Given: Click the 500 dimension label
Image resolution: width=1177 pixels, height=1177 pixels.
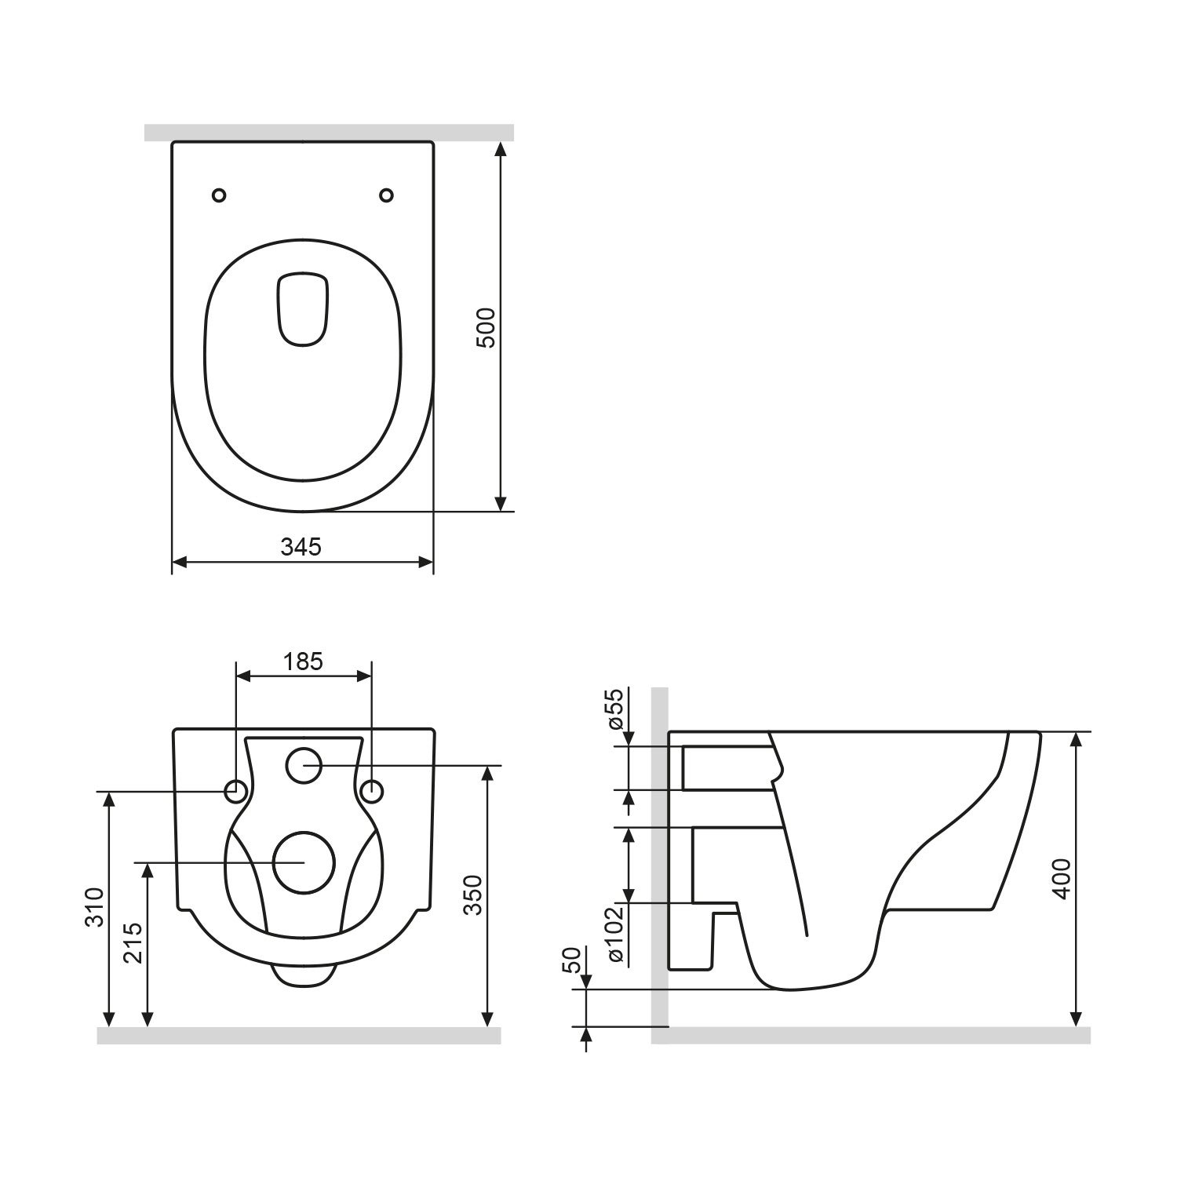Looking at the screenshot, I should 486,327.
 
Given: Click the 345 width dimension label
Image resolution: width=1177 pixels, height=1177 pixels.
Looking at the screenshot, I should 301,547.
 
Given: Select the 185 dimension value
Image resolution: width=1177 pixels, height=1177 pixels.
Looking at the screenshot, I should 304,661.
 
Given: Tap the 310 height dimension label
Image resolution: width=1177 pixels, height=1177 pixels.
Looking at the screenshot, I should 94,907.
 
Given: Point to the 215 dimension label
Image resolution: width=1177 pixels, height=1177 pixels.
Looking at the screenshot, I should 132,942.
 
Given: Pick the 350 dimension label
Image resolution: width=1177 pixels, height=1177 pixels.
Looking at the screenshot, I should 472,895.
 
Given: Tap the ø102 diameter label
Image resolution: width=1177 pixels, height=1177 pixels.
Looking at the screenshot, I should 614,934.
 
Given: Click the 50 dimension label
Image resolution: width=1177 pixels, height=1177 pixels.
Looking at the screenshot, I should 573,960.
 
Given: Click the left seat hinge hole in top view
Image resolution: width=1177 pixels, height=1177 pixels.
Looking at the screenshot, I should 220,195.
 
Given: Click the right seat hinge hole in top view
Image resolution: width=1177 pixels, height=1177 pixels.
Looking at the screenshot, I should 386,195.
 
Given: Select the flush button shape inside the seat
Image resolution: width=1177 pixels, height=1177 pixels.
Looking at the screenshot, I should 303,309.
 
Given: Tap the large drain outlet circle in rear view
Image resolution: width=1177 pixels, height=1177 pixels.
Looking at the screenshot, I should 304,862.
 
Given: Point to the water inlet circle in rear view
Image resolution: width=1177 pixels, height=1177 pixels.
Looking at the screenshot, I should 304,765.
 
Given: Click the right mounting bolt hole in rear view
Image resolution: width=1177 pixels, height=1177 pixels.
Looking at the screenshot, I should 372,791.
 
